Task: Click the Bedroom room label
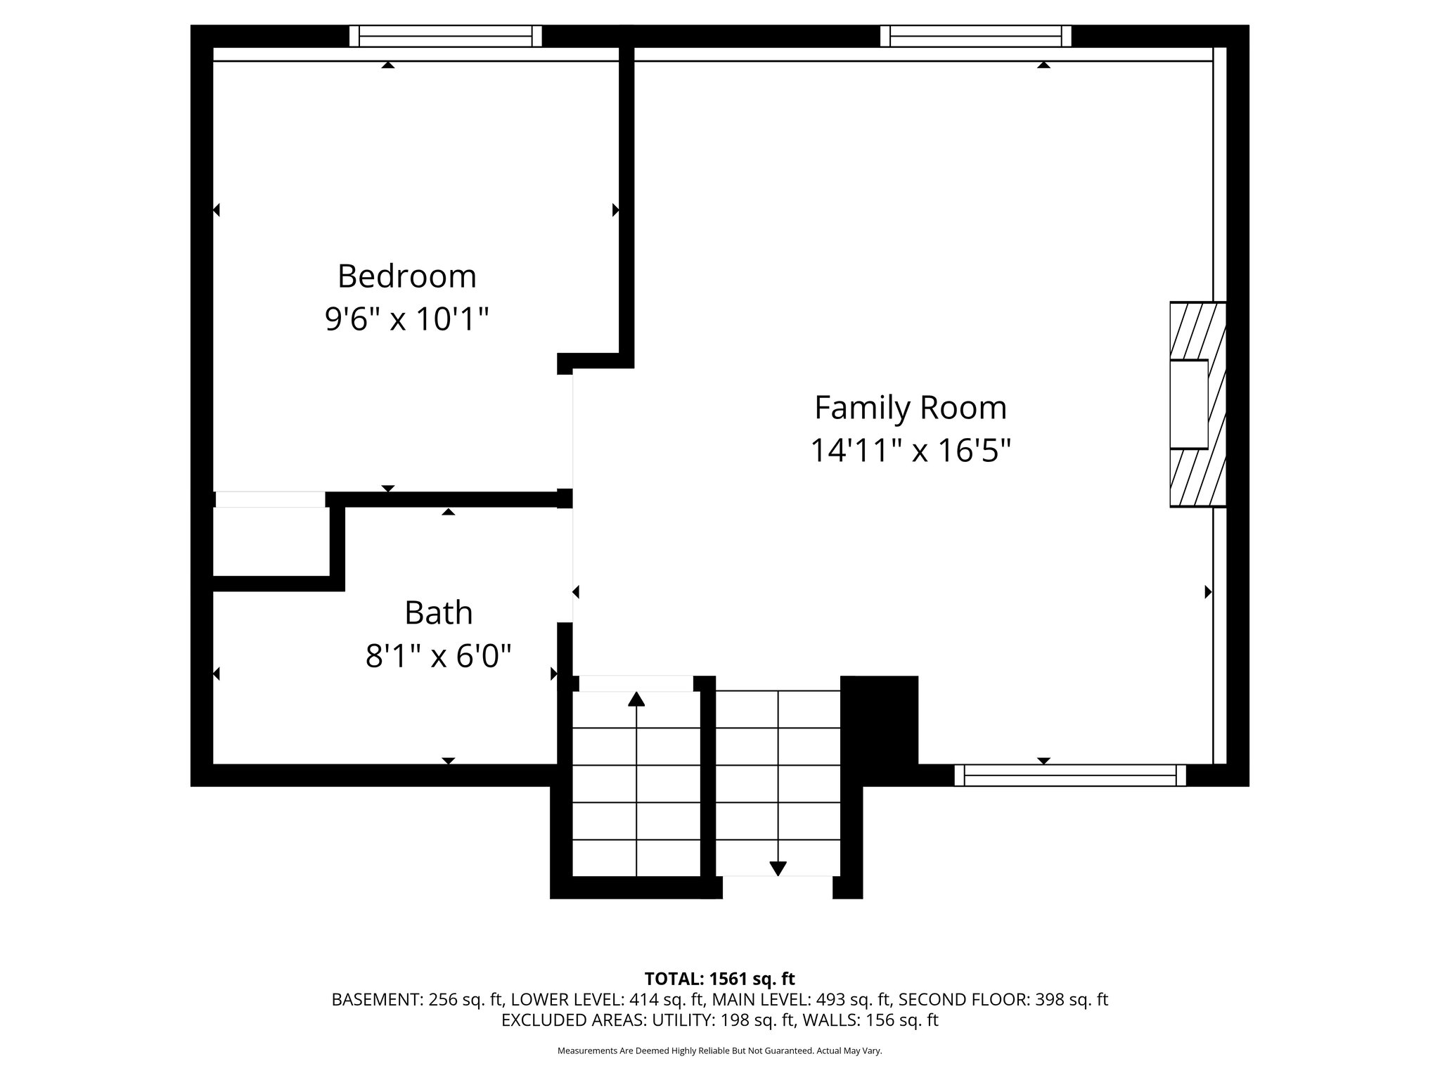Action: coord(406,276)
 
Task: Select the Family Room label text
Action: coord(910,408)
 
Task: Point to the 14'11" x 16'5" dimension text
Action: coord(910,451)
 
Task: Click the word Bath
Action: coord(438,613)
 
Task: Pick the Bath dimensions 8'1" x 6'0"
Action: coord(438,657)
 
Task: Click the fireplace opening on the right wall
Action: coord(1188,404)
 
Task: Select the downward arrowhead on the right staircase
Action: coord(778,868)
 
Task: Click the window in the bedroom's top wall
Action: coord(446,36)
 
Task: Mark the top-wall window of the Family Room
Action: coord(976,36)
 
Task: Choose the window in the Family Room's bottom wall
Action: coord(1069,776)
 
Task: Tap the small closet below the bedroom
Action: coord(271,540)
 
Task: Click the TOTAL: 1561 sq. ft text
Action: coord(719,979)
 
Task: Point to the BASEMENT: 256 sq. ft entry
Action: coord(418,1000)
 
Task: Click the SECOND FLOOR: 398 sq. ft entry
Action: coord(1003,1000)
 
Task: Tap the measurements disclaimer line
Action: coord(719,1051)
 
